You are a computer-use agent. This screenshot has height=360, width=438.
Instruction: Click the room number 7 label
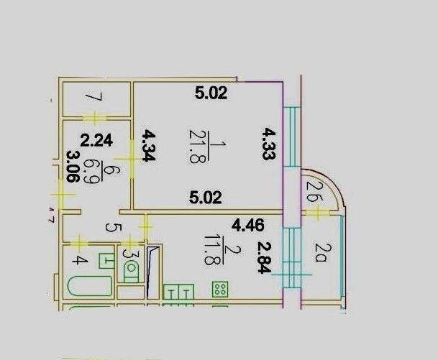[x=91, y=96]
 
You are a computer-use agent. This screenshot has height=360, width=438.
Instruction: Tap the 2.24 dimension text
[x=94, y=142]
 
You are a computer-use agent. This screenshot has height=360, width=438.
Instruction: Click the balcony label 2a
[x=322, y=253]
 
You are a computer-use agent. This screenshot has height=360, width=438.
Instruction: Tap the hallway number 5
[x=110, y=229]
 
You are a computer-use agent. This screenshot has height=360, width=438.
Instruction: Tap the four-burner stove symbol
[x=220, y=290]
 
